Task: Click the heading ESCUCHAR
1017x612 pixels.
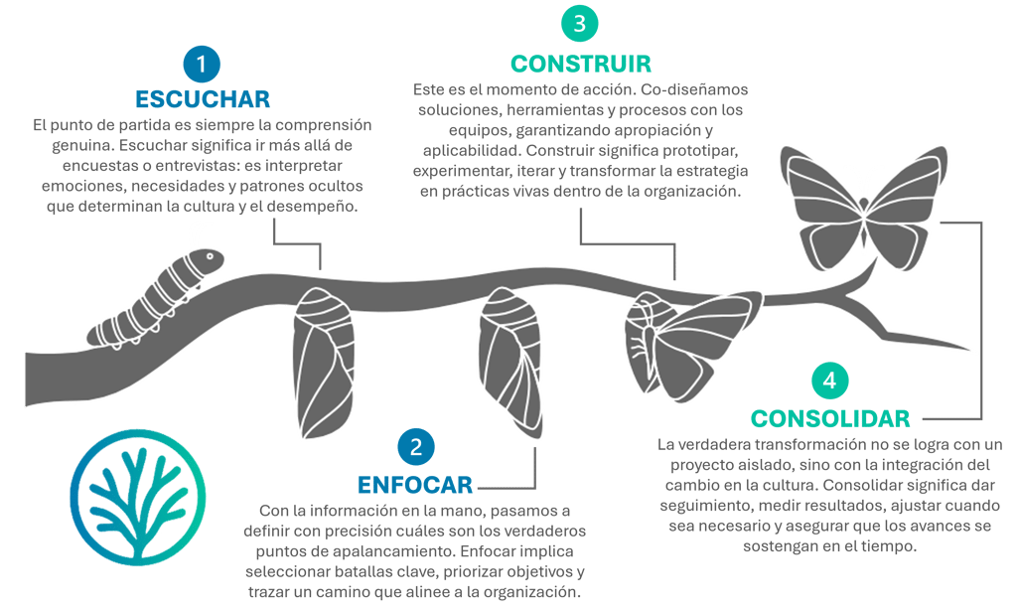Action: point(203,99)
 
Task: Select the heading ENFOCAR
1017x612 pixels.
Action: point(415,486)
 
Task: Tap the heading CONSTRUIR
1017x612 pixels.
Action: point(581,64)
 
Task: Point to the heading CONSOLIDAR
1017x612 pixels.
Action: point(830,418)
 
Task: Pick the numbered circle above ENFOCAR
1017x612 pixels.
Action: point(415,449)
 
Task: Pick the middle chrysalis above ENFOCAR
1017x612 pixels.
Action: point(510,353)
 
